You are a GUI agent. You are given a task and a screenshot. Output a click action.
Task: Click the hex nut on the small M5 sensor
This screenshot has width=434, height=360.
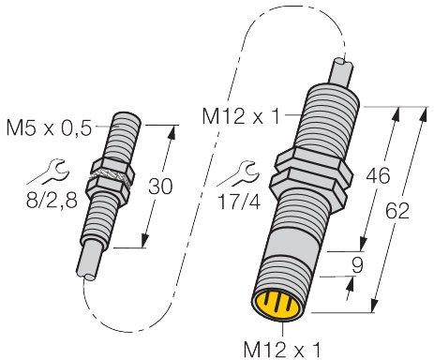click(x=111, y=181)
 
